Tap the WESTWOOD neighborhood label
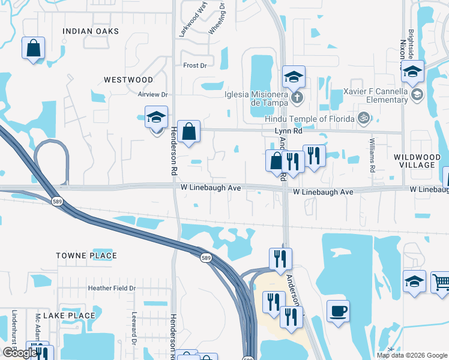click(128, 79)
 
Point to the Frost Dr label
click(195, 65)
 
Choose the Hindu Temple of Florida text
click(310, 119)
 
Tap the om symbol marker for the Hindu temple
click(363, 119)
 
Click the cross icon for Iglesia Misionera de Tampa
click(295, 97)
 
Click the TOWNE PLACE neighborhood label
click(86, 256)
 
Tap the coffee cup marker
click(338, 311)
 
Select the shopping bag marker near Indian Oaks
click(34, 48)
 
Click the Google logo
click(19, 353)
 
